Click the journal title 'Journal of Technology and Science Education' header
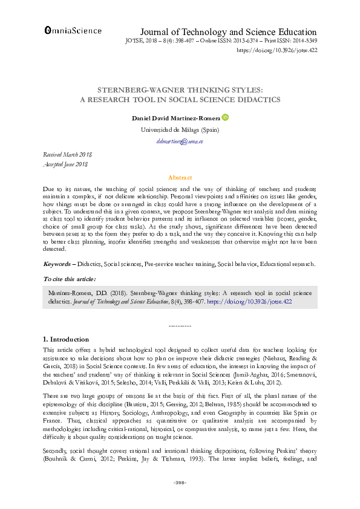[x=228, y=32]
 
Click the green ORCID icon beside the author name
[x=226, y=118]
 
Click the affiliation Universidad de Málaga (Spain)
[x=180, y=129]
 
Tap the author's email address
[x=180, y=141]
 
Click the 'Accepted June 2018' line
[x=66, y=164]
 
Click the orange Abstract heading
[x=180, y=178]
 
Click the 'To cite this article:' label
[x=69, y=279]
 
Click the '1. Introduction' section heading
[x=66, y=339]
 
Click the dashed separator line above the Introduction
[x=180, y=326]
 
